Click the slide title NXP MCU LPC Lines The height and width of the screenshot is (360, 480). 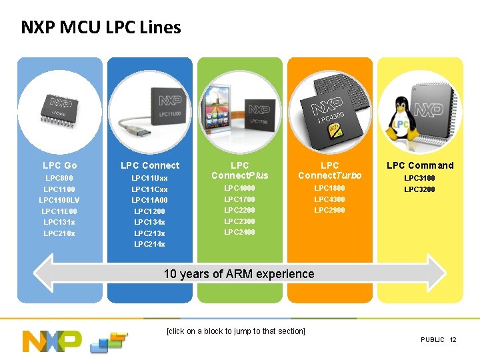pos(101,27)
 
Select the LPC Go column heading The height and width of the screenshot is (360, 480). pos(60,165)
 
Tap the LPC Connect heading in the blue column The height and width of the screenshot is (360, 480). pos(150,165)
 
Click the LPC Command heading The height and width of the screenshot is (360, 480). pos(421,165)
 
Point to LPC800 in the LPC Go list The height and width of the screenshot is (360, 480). pos(59,178)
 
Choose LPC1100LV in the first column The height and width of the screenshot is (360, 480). pos(59,200)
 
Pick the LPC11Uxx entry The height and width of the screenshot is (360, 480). pos(150,178)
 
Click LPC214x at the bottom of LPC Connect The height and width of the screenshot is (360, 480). pos(150,244)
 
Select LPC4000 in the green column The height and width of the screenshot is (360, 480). pos(239,188)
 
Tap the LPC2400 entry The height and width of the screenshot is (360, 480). pos(239,232)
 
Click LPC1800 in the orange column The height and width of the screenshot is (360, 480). pos(329,188)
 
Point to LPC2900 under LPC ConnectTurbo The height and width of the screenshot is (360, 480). pos(329,210)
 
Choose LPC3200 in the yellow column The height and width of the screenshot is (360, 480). pos(420,189)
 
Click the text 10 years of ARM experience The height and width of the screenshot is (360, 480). pos(239,274)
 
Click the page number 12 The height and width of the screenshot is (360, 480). pos(453,340)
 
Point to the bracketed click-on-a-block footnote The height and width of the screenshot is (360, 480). pos(236,331)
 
